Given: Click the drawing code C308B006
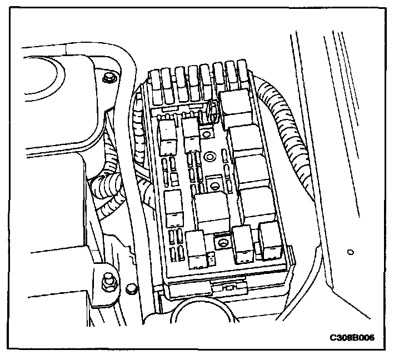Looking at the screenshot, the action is point(356,337).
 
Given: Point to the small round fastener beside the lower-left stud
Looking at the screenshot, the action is point(131,288).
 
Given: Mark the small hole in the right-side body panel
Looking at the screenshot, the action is point(350,252).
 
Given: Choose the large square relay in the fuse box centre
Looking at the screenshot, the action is point(211,210).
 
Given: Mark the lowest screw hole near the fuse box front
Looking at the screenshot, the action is point(222,242).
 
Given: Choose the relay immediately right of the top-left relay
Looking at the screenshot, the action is point(191,133).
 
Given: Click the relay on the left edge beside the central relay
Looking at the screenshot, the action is point(173,204).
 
